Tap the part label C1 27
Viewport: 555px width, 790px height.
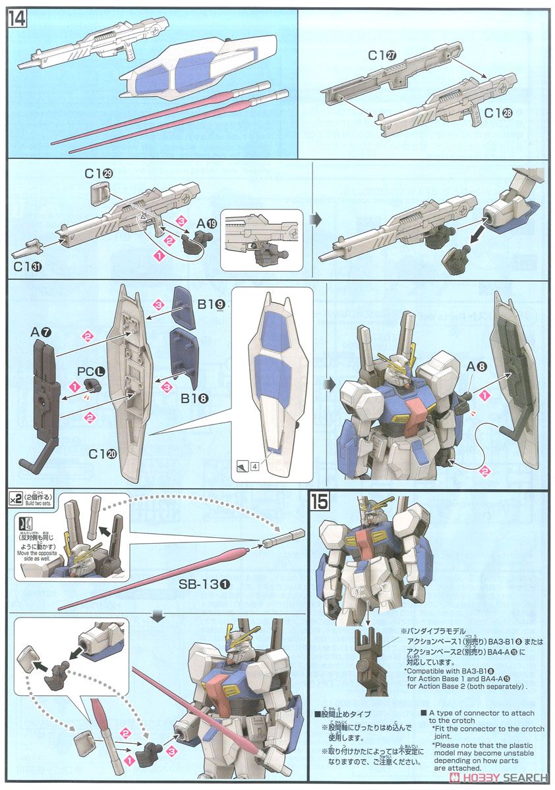tap(382, 57)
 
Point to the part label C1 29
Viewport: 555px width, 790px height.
tap(99, 173)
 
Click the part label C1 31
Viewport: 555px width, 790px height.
tap(25, 266)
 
